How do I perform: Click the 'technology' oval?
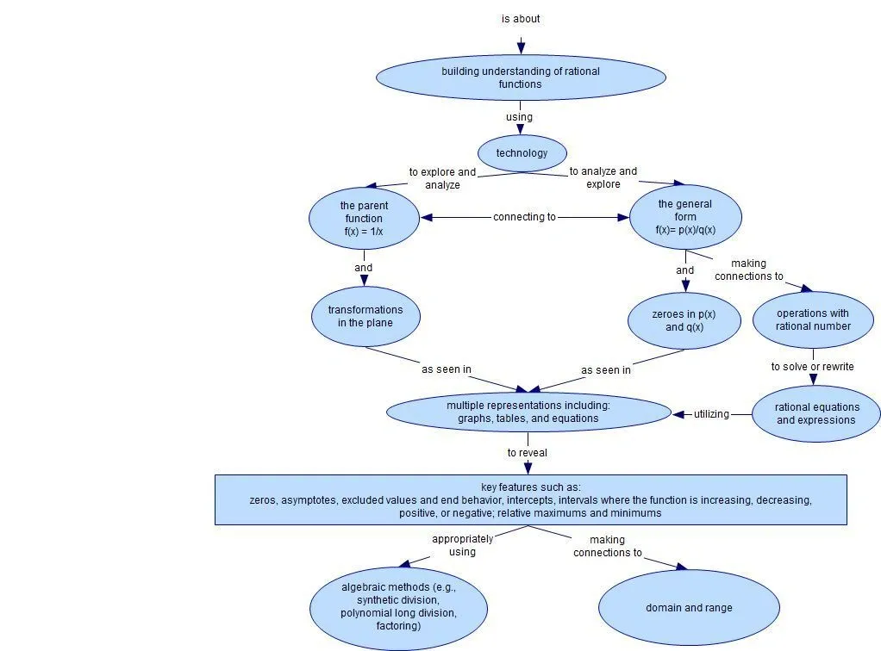(x=522, y=153)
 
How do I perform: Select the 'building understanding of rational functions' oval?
(x=521, y=77)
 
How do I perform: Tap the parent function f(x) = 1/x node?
(x=363, y=218)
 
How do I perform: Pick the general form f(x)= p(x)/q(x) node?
(x=685, y=217)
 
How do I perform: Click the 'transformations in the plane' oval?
(x=365, y=316)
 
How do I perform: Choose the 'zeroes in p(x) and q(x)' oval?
(x=684, y=320)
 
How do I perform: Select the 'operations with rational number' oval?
(x=813, y=319)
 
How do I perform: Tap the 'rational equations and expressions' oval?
(x=815, y=413)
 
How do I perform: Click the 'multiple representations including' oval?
(x=528, y=412)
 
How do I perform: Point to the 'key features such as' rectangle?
(x=530, y=499)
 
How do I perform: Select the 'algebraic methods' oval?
(x=397, y=606)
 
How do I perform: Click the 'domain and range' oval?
(x=689, y=607)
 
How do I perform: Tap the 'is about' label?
(x=521, y=19)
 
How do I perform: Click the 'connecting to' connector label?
(x=524, y=217)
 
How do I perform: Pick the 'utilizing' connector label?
(x=711, y=414)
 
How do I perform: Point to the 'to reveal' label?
(x=527, y=452)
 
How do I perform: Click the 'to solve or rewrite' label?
(x=812, y=367)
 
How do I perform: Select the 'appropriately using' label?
(x=462, y=545)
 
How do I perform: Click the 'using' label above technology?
(x=519, y=117)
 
